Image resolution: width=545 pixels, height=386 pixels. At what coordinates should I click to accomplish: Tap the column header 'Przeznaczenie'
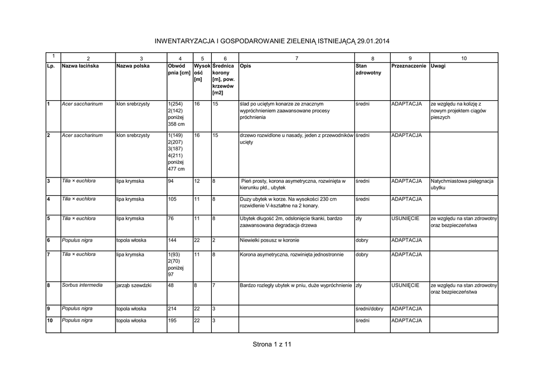pos(409,66)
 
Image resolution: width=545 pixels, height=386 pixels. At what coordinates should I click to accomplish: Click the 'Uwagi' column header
pos(439,66)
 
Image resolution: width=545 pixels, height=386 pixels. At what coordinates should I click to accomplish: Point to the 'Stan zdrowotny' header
pos(368,69)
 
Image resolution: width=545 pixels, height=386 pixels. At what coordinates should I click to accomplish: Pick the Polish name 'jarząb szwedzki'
pos(134,286)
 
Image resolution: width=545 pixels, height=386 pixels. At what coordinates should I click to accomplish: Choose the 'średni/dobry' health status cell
pos(369,309)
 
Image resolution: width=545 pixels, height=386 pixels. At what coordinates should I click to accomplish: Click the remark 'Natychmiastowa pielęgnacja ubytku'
pos(463,184)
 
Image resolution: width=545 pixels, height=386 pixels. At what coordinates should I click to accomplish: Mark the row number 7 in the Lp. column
pos(48,254)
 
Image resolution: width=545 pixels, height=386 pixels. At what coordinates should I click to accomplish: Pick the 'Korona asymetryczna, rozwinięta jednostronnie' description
pos(292,255)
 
